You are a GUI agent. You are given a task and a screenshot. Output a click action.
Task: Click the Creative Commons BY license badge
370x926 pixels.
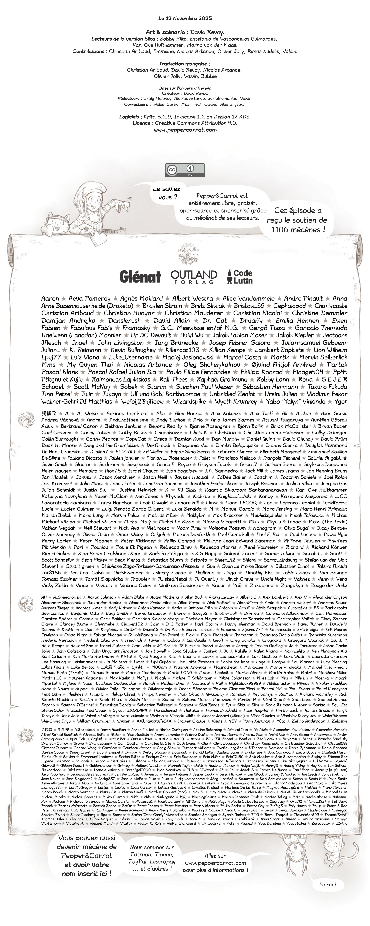click(185, 170)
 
